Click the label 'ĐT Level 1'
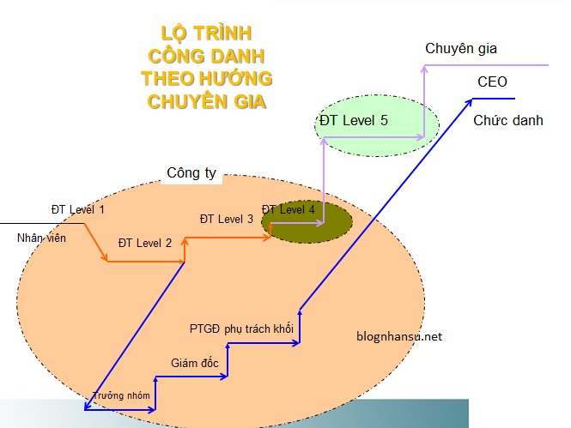click(x=77, y=209)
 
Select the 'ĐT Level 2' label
click(x=145, y=243)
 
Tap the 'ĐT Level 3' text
click(x=226, y=219)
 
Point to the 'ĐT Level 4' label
click(x=289, y=209)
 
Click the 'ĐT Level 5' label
click(x=353, y=120)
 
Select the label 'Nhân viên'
click(x=42, y=237)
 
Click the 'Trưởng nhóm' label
click(x=121, y=395)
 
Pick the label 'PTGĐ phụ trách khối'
click(x=241, y=329)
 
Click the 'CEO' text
click(x=492, y=83)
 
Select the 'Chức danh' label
click(x=508, y=120)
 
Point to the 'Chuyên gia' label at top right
click(x=461, y=48)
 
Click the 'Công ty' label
click(x=191, y=172)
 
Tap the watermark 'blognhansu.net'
click(x=398, y=336)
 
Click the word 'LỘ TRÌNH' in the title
click(x=207, y=34)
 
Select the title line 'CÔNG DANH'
click(x=206, y=57)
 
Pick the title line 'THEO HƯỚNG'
click(x=207, y=79)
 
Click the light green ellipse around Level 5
click(x=404, y=137)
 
